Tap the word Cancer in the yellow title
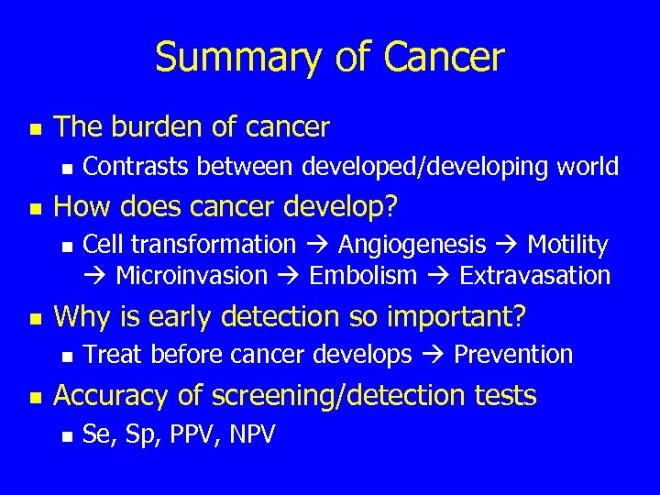(444, 57)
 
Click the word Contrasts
(137, 167)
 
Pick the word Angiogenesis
(412, 245)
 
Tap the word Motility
(567, 245)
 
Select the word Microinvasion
(192, 276)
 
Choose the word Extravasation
(534, 276)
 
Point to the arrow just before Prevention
(433, 355)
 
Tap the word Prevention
(513, 355)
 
